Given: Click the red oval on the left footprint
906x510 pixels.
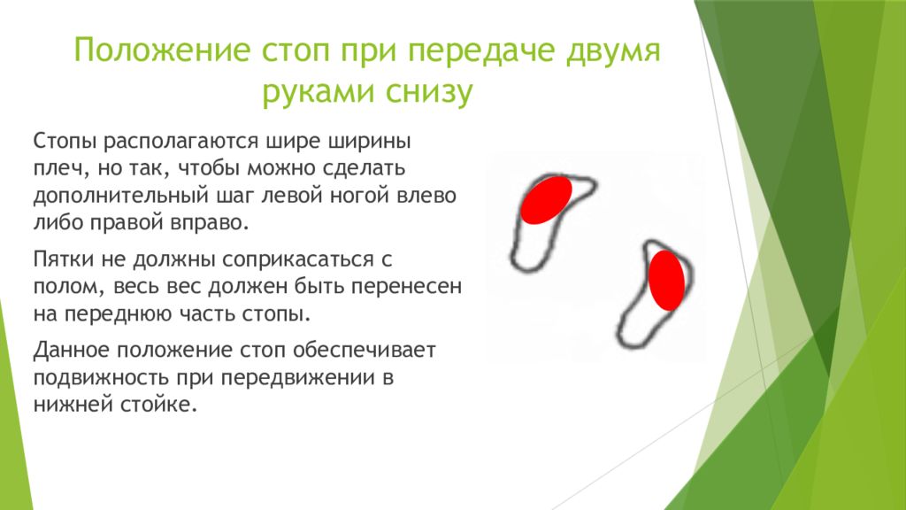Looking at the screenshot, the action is pyautogui.click(x=546, y=199).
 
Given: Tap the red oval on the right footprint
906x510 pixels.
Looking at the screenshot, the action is pyautogui.click(x=666, y=280).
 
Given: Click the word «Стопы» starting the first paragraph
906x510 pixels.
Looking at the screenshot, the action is pyautogui.click(x=65, y=141).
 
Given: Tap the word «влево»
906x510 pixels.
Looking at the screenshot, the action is pyautogui.click(x=426, y=196).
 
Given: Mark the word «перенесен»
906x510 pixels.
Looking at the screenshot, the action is pyautogui.click(x=407, y=286).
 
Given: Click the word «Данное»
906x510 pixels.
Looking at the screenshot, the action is pyautogui.click(x=70, y=350).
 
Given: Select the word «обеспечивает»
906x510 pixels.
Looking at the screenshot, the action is pyautogui.click(x=365, y=351).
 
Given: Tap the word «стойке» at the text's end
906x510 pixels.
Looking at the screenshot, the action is pyautogui.click(x=158, y=404).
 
